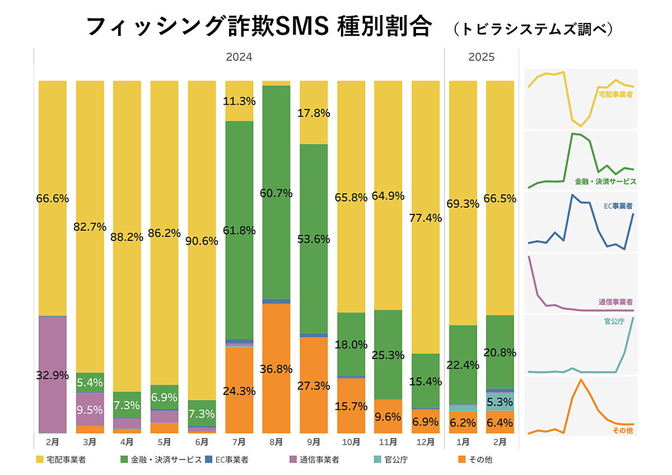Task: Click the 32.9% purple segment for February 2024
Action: (x=53, y=375)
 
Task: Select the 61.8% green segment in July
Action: (x=239, y=230)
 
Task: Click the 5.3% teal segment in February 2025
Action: (x=500, y=402)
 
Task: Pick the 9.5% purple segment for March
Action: (x=90, y=409)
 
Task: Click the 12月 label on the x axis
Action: (x=426, y=442)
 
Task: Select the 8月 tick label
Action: (x=276, y=442)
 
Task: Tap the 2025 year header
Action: (x=482, y=57)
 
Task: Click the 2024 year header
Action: (x=239, y=57)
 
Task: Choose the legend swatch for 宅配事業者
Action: (x=40, y=460)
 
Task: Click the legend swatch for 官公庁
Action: (x=377, y=460)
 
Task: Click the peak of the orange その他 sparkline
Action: (x=581, y=380)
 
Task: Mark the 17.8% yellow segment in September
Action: (x=314, y=113)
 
